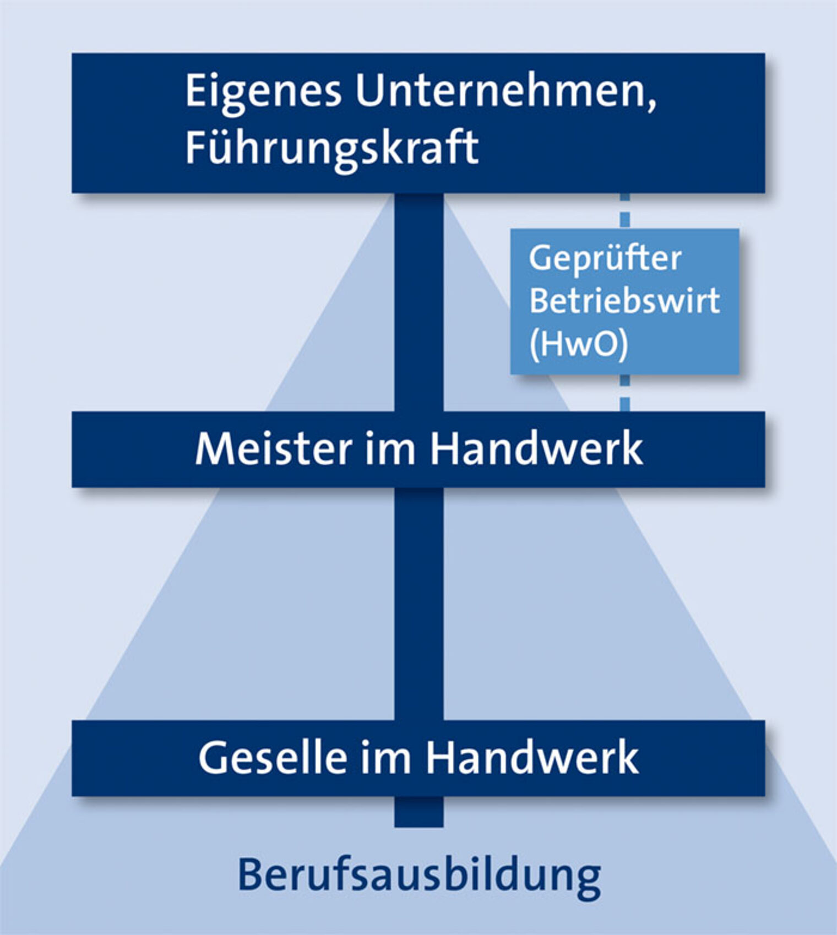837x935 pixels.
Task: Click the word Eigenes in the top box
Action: [263, 91]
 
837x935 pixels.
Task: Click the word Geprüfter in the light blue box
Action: [605, 259]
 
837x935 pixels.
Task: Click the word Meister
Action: [273, 449]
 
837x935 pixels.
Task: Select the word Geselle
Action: [273, 758]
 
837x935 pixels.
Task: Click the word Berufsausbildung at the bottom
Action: [419, 875]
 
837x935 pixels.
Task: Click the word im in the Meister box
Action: [390, 449]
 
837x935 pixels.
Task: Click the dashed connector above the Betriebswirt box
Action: [624, 211]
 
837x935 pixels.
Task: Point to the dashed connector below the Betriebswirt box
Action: [624, 393]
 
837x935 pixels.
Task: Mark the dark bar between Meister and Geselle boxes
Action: [419, 603]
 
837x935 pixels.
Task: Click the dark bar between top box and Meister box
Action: [419, 302]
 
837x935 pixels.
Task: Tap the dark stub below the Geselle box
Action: [419, 811]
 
